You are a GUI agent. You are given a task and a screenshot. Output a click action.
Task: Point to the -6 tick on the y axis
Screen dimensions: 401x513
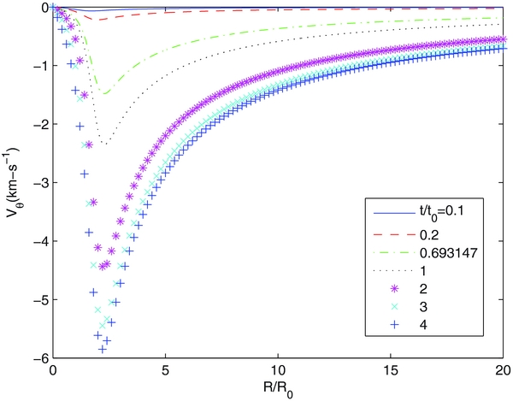(38, 357)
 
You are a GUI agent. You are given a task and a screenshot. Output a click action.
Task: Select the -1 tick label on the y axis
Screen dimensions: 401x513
(38, 66)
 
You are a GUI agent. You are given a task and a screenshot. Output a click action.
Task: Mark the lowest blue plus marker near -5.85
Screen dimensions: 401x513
(103, 349)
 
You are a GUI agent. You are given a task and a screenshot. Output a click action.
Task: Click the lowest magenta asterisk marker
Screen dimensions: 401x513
(103, 266)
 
